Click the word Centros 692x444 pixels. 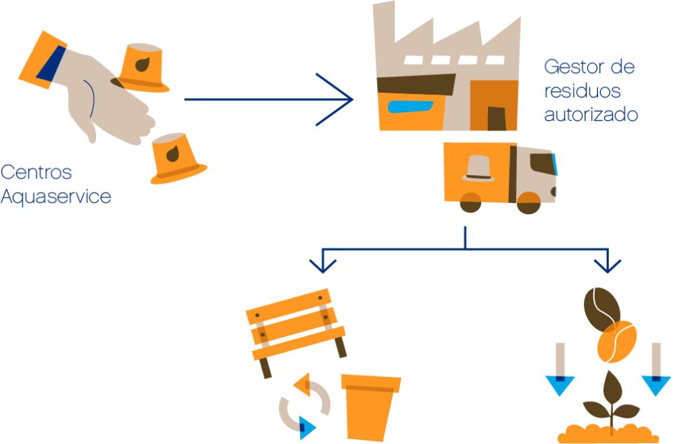pos(36,172)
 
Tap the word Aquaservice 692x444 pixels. pos(56,197)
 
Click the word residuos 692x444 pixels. pos(582,91)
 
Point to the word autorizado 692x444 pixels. pos(591,115)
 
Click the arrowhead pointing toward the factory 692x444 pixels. pos(335,100)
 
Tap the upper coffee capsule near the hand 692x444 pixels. pos(141,68)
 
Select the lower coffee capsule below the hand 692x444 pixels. pos(177,158)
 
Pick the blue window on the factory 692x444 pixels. pos(410,106)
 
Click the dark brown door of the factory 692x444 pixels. pos(497,118)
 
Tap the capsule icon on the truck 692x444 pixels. pos(478,168)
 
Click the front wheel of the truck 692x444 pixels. pos(528,203)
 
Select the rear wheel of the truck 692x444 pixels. pos(470,203)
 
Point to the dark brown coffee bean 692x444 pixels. pos(602,309)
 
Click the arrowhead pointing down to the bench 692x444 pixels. pos(323,266)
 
